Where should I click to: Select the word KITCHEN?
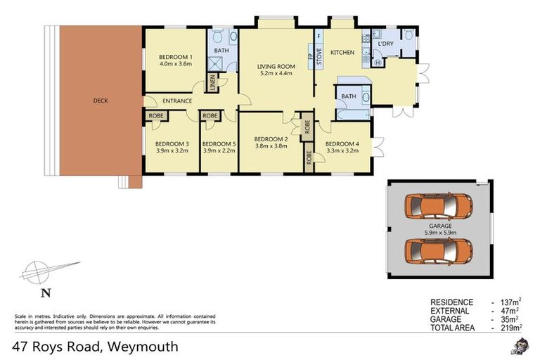click(x=342, y=53)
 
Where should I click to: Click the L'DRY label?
click(x=385, y=44)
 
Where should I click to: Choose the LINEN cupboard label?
click(x=212, y=83)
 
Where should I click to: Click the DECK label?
click(x=101, y=101)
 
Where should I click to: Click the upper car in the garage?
click(x=438, y=207)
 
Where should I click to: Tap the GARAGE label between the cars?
click(x=441, y=226)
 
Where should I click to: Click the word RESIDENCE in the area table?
click(x=451, y=302)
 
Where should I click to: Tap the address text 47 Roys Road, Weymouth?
click(x=95, y=347)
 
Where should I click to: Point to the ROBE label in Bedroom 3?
click(x=156, y=116)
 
